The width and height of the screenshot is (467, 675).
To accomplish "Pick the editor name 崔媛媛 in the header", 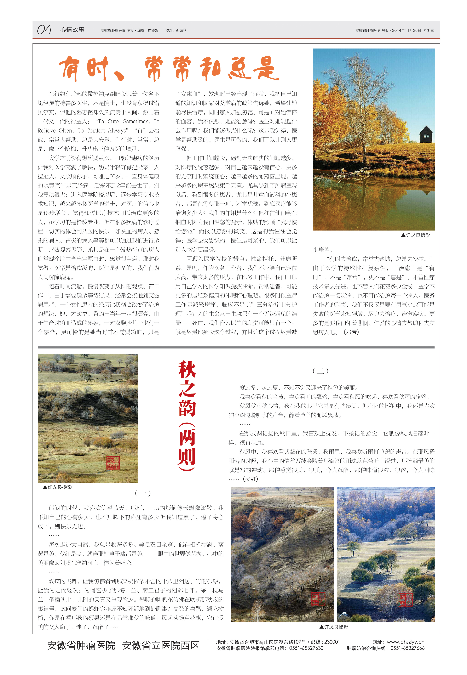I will click(153, 30).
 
